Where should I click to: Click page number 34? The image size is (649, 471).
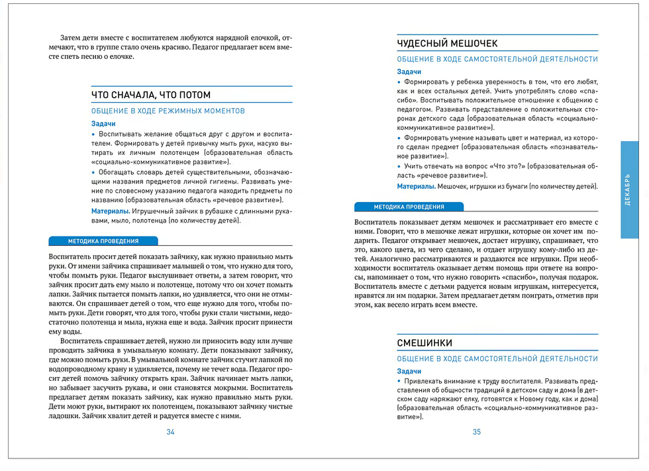click(x=170, y=432)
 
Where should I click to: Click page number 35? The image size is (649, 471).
click(x=476, y=432)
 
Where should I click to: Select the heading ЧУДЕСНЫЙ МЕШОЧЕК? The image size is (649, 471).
click(x=447, y=44)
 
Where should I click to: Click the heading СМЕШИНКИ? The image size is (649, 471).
click(x=424, y=343)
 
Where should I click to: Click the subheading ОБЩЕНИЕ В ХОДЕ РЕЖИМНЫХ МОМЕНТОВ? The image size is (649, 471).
click(x=168, y=111)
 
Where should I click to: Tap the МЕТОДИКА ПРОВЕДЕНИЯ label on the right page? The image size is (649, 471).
click(x=409, y=207)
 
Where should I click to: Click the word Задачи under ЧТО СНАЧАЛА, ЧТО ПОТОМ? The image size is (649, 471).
click(x=103, y=124)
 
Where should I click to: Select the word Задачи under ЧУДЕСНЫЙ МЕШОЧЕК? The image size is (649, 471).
click(x=409, y=72)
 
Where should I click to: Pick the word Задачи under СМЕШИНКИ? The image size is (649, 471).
click(x=409, y=371)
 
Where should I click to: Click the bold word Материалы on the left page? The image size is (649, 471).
click(x=111, y=211)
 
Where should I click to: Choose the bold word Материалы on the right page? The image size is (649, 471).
click(x=416, y=186)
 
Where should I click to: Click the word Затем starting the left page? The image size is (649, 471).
click(x=70, y=38)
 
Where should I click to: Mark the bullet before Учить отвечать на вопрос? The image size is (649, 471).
click(x=399, y=166)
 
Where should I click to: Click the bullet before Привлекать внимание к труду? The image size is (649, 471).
click(x=399, y=382)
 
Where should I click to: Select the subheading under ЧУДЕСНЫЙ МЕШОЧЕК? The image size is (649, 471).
click(x=497, y=59)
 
